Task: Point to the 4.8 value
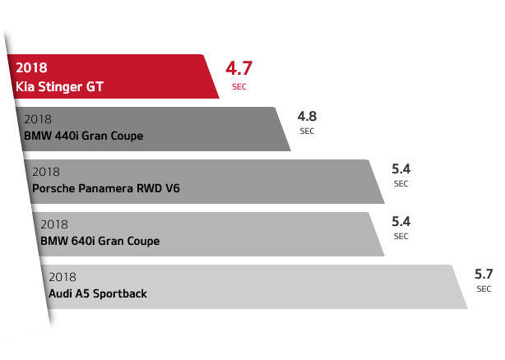coord(308,116)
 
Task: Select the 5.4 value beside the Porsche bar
coord(401,169)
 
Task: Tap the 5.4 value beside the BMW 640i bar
coord(401,222)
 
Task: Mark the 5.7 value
coord(484,275)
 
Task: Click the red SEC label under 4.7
coord(239,85)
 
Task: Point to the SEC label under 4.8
coord(308,131)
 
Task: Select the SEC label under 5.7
coord(484,289)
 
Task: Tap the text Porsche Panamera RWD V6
coord(105,188)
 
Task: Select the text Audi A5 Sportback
coord(98,293)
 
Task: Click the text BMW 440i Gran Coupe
coord(84,136)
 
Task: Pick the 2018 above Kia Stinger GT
coord(31,67)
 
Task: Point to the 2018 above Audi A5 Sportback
coord(63,277)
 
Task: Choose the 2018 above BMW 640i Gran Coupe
coord(54,224)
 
